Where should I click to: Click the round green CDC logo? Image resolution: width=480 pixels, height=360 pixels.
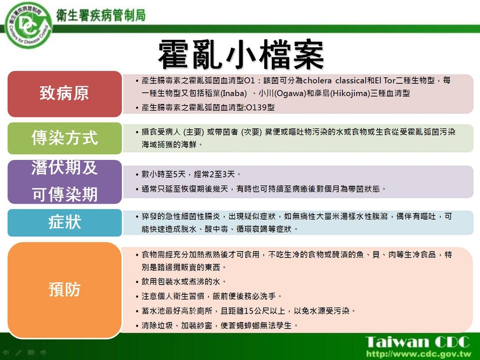[x=28, y=25]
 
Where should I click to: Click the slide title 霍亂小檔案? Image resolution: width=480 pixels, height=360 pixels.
[x=241, y=55]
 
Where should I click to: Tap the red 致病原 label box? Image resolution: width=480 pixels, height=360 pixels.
[x=65, y=94]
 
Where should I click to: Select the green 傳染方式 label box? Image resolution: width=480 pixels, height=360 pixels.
[x=65, y=138]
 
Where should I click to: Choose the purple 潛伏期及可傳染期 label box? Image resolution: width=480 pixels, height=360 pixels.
[x=65, y=182]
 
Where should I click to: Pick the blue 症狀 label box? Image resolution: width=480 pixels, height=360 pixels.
[x=65, y=223]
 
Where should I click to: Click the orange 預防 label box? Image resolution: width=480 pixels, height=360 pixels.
[x=65, y=290]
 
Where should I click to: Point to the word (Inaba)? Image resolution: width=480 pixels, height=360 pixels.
[x=234, y=93]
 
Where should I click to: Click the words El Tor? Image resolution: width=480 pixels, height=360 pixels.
[x=385, y=81]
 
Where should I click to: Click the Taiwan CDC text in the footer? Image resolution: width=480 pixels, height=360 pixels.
[x=418, y=342]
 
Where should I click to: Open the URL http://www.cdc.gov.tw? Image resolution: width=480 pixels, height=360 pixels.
[x=419, y=354]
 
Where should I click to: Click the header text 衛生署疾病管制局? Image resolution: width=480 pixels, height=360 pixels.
[x=101, y=15]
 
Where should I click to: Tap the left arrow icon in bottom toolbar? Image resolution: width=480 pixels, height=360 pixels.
[x=6, y=352]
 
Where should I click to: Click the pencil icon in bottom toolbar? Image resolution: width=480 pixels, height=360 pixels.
[x=18, y=352]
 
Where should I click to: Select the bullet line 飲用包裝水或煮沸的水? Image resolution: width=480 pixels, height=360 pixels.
[x=183, y=282]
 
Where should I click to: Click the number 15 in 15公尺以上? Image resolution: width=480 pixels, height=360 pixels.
[x=249, y=311]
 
